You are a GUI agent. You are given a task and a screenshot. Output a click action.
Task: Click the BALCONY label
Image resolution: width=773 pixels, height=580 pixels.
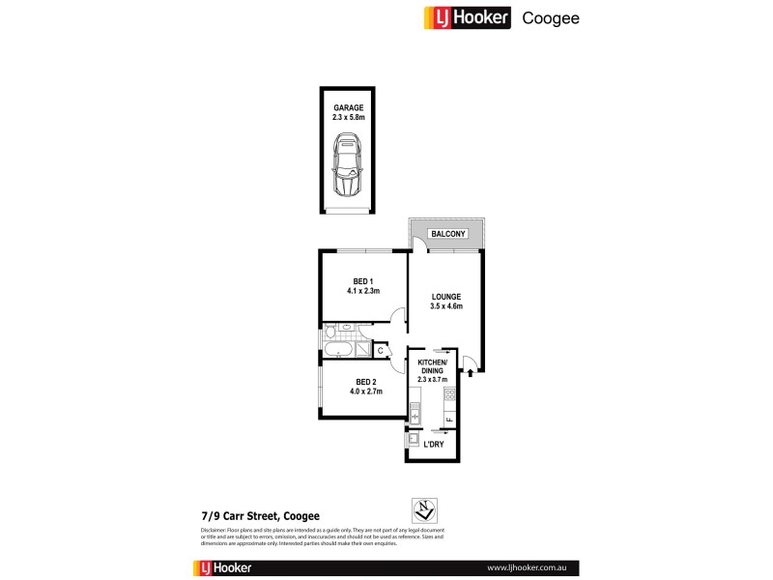click(x=448, y=233)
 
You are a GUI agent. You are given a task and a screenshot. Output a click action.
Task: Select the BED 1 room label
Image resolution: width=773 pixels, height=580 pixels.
click(x=363, y=280)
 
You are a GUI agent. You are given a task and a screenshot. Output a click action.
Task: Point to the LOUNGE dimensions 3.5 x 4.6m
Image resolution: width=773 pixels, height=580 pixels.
click(x=446, y=307)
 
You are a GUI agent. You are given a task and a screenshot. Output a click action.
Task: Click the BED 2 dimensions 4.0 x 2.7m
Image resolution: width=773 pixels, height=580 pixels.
click(x=364, y=391)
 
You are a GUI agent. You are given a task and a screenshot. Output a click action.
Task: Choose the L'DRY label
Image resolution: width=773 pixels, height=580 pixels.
click(x=434, y=447)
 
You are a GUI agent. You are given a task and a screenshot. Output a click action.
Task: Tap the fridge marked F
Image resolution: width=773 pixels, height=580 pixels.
click(x=449, y=419)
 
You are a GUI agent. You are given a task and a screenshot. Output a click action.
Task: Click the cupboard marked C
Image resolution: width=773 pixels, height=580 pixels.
click(x=380, y=351)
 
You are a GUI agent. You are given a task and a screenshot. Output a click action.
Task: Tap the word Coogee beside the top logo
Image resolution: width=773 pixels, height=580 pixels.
click(x=551, y=17)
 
